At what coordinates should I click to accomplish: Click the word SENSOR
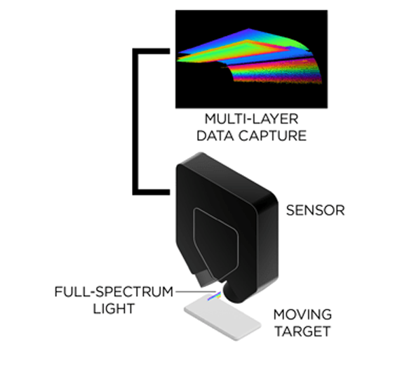[x=316, y=211]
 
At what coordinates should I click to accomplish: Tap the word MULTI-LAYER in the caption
[x=252, y=119]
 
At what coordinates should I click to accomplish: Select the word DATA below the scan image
[x=215, y=135]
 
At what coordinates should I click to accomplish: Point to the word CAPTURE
[x=272, y=135]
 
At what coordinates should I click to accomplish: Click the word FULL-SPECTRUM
[x=114, y=292]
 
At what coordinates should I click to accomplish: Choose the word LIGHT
[x=114, y=308]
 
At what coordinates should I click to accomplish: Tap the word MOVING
[x=302, y=314]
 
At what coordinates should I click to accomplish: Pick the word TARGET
[x=302, y=331]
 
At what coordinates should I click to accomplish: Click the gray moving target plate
[x=222, y=317]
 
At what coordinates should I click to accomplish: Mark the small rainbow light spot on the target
[x=214, y=296]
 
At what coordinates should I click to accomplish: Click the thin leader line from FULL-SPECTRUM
[x=196, y=291]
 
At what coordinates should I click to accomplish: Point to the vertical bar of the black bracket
[x=135, y=121]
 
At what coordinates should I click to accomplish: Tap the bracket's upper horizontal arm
[x=151, y=51]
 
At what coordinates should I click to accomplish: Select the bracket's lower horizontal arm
[x=151, y=192]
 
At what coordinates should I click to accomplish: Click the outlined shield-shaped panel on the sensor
[x=216, y=244]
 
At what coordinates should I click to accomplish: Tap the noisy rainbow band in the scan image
[x=276, y=72]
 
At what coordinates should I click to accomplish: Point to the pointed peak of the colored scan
[x=248, y=29]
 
